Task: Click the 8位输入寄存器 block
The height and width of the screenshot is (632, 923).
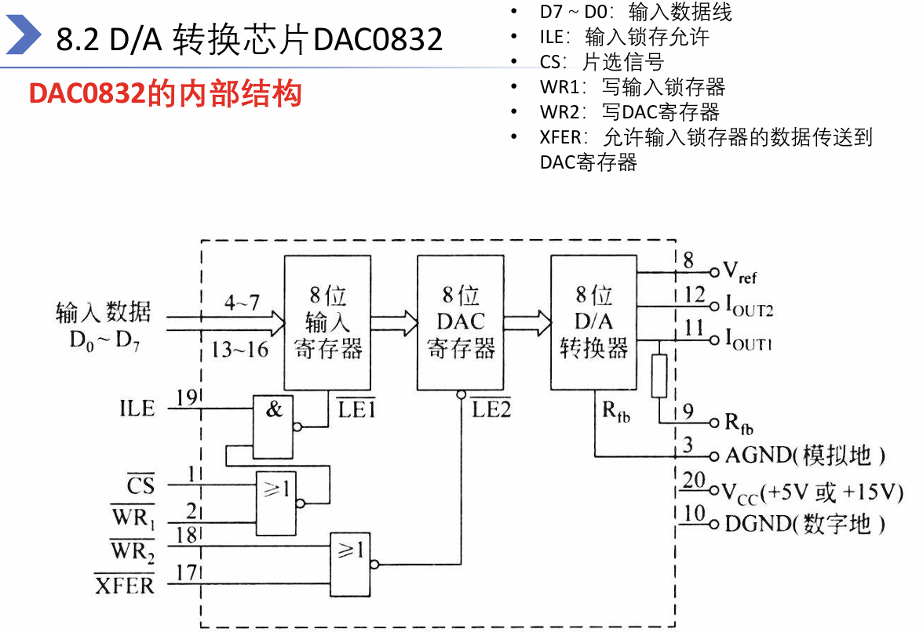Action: (327, 323)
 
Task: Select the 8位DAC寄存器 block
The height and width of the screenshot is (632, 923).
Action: (461, 323)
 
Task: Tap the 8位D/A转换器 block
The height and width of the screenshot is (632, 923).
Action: (593, 323)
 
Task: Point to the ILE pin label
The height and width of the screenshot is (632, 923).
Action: (137, 408)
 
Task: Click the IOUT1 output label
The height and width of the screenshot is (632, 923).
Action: (748, 341)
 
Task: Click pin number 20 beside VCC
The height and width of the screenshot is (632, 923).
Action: (694, 481)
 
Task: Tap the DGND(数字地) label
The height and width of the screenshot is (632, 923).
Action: (805, 523)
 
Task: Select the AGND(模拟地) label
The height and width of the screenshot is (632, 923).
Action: (805, 455)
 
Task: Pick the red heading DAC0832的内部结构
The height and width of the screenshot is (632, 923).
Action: (166, 94)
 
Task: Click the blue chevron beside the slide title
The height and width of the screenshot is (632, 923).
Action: (24, 37)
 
